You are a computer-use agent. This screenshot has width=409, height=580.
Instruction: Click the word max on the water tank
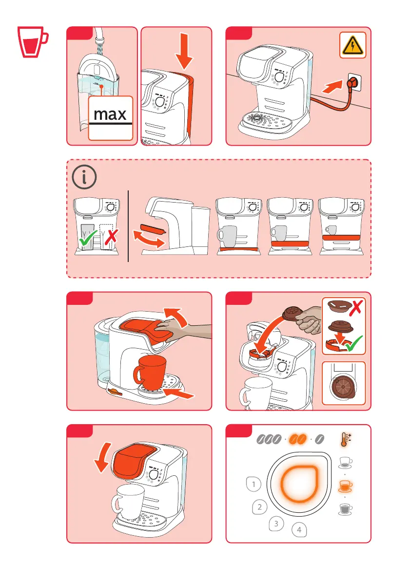tap(110, 114)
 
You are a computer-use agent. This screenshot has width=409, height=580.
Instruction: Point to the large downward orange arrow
tap(184, 50)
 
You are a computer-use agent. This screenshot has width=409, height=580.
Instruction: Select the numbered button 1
tap(253, 484)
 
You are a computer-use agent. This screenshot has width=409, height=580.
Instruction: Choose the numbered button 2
tap(260, 507)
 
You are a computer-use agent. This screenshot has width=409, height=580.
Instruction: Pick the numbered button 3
tap(276, 524)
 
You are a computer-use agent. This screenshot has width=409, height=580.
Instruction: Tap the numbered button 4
tap(299, 529)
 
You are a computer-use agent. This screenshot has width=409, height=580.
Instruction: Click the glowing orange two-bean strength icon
tap(297, 440)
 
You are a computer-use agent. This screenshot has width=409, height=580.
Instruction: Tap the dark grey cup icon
tap(346, 508)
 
